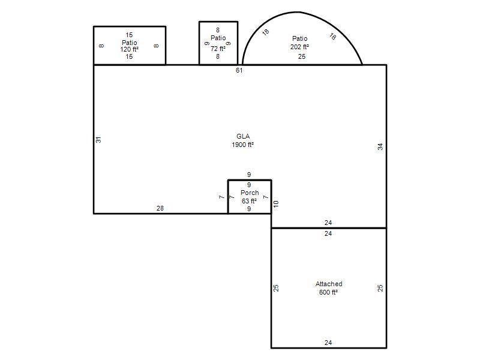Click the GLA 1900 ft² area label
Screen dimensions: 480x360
tap(243, 140)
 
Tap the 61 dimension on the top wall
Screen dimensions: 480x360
tap(239, 70)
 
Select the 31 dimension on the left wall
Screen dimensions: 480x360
tap(98, 140)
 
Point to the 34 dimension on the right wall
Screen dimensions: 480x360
tap(380, 146)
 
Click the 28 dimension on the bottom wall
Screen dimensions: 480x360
tap(160, 208)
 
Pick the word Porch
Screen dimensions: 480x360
tap(250, 193)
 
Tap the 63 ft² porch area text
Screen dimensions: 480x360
tap(249, 201)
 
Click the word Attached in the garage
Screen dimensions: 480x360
tap(329, 284)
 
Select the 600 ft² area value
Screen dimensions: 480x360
tap(328, 292)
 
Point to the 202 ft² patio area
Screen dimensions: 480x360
tap(299, 47)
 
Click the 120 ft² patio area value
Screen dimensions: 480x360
tap(130, 49)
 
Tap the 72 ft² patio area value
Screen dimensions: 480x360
tap(218, 49)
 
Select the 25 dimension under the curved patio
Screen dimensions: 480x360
tap(302, 56)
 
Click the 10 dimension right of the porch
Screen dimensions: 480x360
tap(276, 204)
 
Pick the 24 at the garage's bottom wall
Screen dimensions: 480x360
tap(328, 343)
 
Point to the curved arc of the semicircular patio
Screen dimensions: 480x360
tap(296, 12)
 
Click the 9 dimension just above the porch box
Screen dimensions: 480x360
tap(249, 175)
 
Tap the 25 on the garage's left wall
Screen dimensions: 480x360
tap(276, 288)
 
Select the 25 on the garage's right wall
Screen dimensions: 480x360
tap(380, 288)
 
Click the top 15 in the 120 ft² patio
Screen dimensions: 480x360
tap(129, 35)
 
